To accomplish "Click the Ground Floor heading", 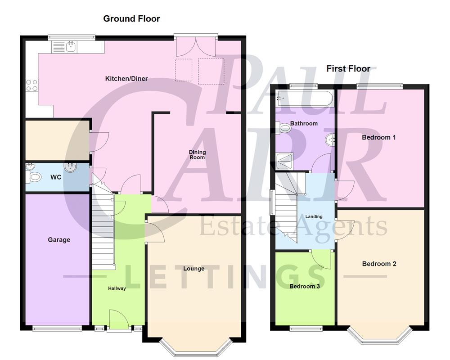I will pyautogui.click(x=131, y=18).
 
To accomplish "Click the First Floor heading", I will pyautogui.click(x=348, y=68).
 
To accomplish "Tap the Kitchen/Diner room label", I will pyautogui.click(x=126, y=79).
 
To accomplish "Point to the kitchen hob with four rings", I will pyautogui.click(x=31, y=85).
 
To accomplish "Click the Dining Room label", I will pyautogui.click(x=197, y=155).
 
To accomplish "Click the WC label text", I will pyautogui.click(x=55, y=177).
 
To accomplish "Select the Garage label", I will pyautogui.click(x=59, y=240).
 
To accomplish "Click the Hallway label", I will pyautogui.click(x=117, y=288).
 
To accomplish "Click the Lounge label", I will pyautogui.click(x=194, y=269).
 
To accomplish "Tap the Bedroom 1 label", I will pyautogui.click(x=379, y=137).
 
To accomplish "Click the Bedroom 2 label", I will pyautogui.click(x=379, y=264).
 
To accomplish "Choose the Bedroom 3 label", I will pyautogui.click(x=304, y=286).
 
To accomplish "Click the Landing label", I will pyautogui.click(x=314, y=217).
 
